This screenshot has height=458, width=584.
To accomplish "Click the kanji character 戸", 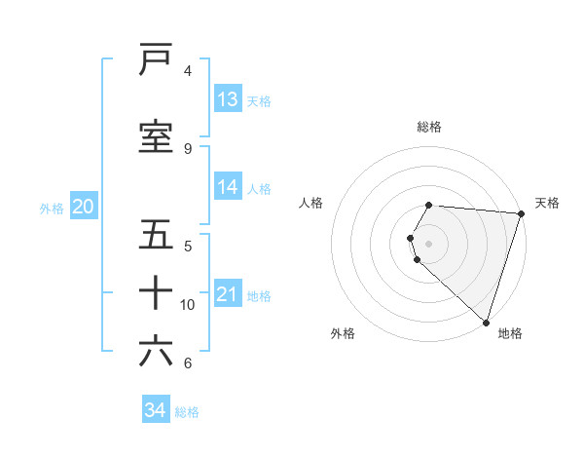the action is point(156,60).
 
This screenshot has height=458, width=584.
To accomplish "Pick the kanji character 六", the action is point(156,351).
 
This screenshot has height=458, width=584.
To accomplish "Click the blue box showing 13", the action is point(228,99).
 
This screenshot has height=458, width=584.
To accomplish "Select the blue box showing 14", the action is point(228,188).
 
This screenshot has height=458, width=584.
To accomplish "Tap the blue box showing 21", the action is point(228,294).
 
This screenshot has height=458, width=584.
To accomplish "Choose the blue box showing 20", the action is point(83,207).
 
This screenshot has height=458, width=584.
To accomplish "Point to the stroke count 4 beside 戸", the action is point(188,71).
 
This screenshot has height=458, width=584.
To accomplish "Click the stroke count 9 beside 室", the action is point(188,148).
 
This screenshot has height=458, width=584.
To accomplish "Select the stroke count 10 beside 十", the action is point(188,305).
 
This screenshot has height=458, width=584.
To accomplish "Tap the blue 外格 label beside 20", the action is point(52,208).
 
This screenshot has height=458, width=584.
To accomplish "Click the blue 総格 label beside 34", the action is point(187,412).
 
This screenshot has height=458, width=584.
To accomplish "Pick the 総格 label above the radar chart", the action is point(429,127).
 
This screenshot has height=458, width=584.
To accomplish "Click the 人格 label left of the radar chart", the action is point(311,203).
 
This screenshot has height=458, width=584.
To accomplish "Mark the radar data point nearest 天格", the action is point(522,213).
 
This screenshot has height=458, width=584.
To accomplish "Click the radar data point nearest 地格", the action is point(486,322).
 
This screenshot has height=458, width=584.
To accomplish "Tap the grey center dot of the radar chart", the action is point(429,243).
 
